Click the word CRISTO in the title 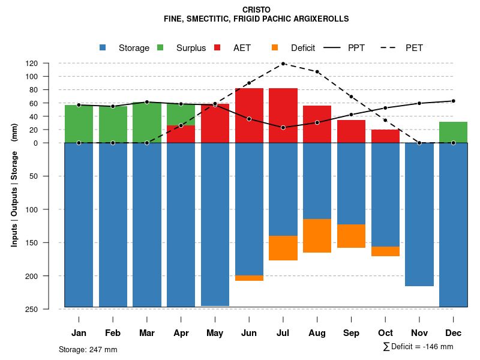click(256, 10)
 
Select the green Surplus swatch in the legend click(160, 47)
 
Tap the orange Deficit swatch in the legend click(275, 47)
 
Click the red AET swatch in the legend click(217, 47)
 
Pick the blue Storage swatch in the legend click(103, 47)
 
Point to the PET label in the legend click(414, 48)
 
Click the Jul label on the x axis click(283, 333)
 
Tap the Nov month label click(419, 333)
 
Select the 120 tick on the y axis click(49, 63)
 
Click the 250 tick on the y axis click(49, 309)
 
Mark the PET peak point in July click(283, 64)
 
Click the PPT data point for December click(453, 101)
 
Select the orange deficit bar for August click(317, 236)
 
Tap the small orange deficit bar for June click(249, 278)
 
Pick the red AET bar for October click(385, 136)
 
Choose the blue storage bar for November click(419, 214)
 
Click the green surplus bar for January click(79, 124)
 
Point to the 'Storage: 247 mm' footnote click(88, 350)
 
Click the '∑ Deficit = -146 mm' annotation click(418, 347)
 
